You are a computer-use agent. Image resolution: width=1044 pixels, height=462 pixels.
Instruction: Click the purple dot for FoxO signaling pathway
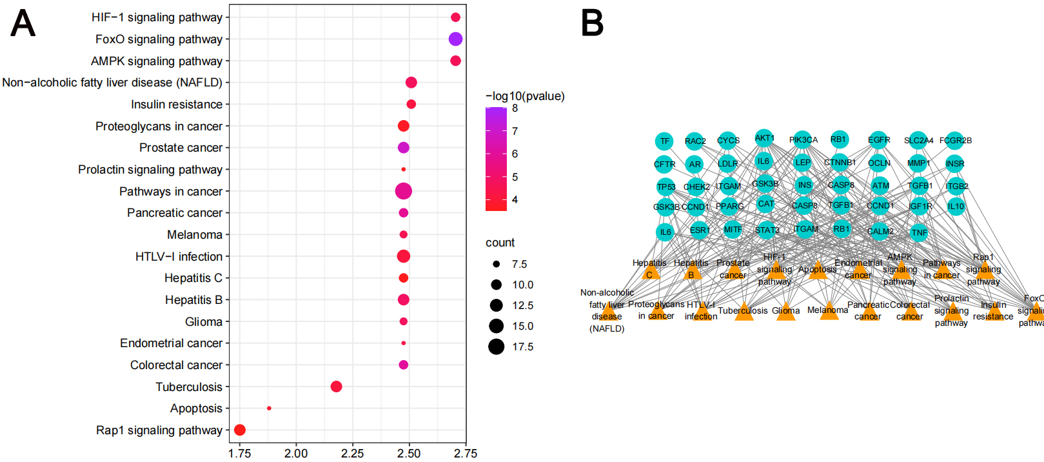pyautogui.click(x=455, y=39)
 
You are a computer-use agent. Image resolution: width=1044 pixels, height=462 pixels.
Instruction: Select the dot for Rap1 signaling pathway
pyautogui.click(x=240, y=430)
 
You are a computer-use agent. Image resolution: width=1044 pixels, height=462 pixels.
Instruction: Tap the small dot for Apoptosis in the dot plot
pyautogui.click(x=269, y=408)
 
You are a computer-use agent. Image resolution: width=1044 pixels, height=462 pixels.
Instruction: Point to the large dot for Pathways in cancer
pyautogui.click(x=404, y=191)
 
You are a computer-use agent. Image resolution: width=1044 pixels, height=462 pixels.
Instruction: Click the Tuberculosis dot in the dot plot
pyautogui.click(x=336, y=387)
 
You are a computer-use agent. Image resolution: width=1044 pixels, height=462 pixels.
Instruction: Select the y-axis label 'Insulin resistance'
pyautogui.click(x=177, y=105)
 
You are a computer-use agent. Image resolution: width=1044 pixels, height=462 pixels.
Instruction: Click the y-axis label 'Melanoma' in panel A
pyautogui.click(x=195, y=235)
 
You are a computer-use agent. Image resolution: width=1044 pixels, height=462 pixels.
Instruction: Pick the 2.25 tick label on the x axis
pyautogui.click(x=353, y=454)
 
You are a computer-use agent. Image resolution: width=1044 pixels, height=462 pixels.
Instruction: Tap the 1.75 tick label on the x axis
pyautogui.click(x=240, y=454)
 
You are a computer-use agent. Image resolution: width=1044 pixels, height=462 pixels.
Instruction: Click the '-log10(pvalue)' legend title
pyautogui.click(x=525, y=96)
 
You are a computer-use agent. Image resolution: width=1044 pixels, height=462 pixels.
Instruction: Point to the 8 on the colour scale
pyautogui.click(x=515, y=108)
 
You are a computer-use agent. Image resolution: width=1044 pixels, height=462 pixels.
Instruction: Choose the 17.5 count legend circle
pyautogui.click(x=496, y=347)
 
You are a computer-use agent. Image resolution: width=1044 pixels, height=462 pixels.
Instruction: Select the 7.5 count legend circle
pyautogui.click(x=496, y=265)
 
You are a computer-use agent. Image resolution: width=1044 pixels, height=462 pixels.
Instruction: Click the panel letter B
pyautogui.click(x=592, y=23)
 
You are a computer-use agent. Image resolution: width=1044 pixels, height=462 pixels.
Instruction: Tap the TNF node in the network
pyautogui.click(x=919, y=232)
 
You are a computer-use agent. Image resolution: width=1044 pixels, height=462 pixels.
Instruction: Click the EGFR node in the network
pyautogui.click(x=878, y=140)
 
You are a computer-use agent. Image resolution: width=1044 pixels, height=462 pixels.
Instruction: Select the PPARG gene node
pyautogui.click(x=730, y=206)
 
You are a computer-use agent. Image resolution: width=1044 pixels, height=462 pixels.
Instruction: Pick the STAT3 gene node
pyautogui.click(x=767, y=230)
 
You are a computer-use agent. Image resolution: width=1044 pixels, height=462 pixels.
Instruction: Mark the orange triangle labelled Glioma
pyautogui.click(x=786, y=312)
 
